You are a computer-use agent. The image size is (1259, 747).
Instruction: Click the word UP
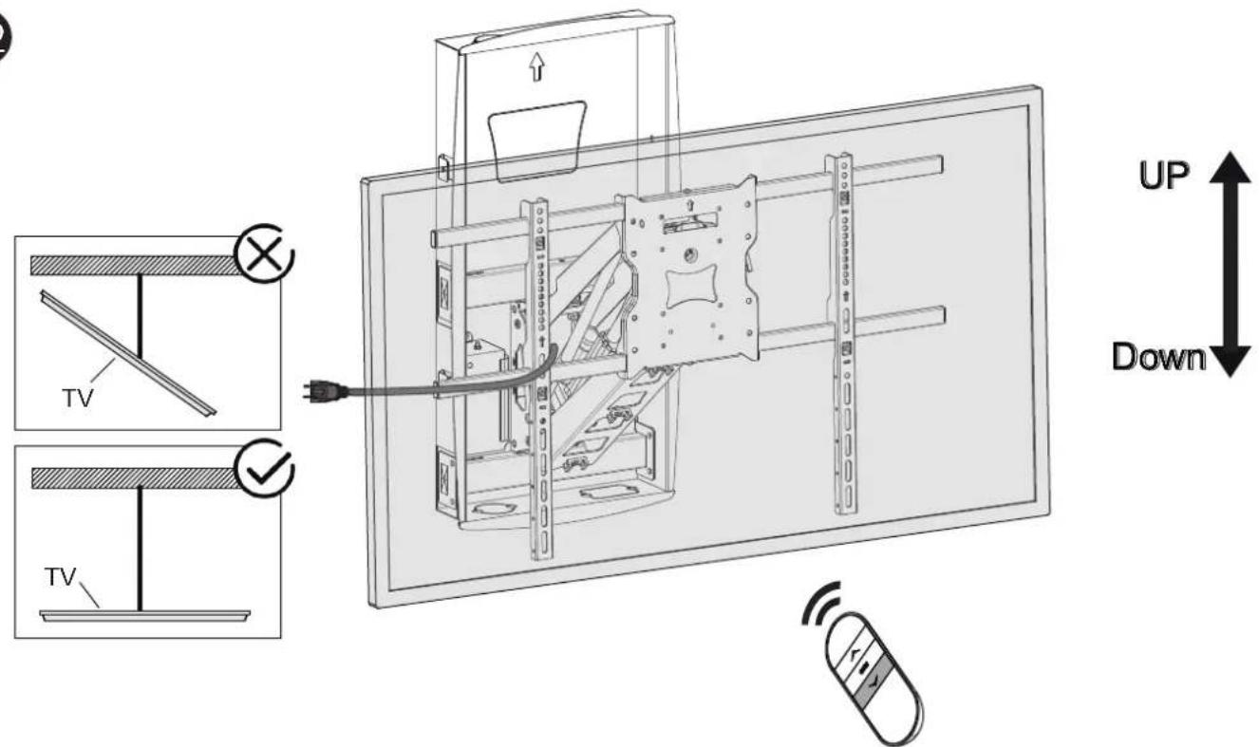coord(1163,176)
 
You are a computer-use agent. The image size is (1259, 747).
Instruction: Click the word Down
coord(1158,357)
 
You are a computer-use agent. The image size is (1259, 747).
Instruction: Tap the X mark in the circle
coord(264,253)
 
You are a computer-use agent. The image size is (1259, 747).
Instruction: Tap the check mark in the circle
coord(265,468)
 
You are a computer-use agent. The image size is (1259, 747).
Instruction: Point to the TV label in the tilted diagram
coord(78,399)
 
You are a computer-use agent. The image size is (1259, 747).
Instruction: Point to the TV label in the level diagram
coord(60,577)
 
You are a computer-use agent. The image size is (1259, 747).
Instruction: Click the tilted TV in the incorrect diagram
coord(128,353)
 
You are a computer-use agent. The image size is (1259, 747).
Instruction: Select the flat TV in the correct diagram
coord(145,615)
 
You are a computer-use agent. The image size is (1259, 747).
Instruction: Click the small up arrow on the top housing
coord(537,66)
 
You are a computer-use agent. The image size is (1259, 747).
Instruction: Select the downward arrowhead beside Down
coord(1231,362)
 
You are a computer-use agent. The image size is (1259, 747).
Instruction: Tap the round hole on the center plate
coord(689,254)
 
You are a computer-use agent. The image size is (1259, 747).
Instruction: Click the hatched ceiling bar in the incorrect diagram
coord(134,266)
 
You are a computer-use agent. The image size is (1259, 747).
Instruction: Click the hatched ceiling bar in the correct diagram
coord(134,477)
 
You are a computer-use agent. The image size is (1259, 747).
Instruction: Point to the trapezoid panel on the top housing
coord(537,141)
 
